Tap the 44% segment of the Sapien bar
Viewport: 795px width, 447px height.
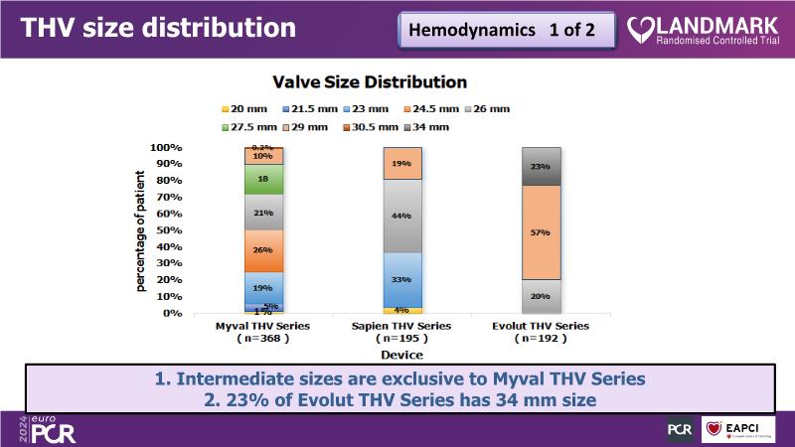(x=400, y=217)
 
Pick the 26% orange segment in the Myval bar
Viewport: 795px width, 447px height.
(x=264, y=250)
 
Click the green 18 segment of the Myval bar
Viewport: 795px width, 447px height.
(x=264, y=179)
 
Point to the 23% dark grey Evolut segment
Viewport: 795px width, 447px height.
(x=543, y=166)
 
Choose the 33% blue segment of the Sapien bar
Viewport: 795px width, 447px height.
(x=400, y=280)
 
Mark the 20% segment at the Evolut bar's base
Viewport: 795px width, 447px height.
(x=543, y=296)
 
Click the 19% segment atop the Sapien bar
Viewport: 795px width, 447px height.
(x=400, y=164)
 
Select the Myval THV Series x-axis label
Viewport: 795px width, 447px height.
(x=263, y=326)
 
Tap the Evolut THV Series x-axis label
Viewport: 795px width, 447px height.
(x=542, y=326)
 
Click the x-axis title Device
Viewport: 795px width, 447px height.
(x=402, y=353)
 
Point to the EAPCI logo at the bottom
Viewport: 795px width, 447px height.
(x=737, y=429)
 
